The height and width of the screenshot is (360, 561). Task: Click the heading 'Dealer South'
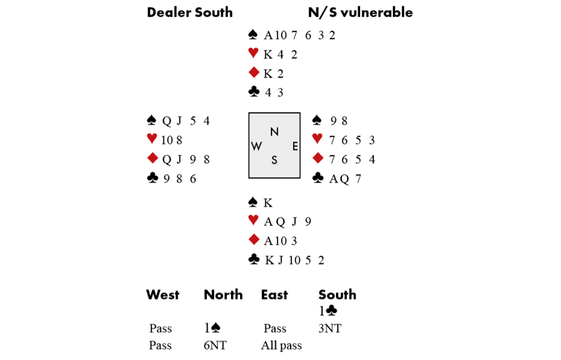(190, 12)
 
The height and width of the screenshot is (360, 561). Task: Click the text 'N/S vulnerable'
(360, 12)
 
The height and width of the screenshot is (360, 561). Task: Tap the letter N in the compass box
(274, 132)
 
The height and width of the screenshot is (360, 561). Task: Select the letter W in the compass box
(256, 146)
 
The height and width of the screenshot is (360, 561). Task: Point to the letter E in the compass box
(295, 146)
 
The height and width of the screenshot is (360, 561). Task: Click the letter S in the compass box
(274, 160)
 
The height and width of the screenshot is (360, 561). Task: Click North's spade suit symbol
(253, 35)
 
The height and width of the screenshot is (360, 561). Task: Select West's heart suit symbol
(151, 140)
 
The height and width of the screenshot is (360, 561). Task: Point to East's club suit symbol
(318, 178)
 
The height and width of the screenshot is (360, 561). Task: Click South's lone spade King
(268, 202)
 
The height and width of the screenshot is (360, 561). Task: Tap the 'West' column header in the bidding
(163, 295)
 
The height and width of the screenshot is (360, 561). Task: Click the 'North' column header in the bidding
(223, 295)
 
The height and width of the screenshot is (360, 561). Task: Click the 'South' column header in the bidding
(337, 295)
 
